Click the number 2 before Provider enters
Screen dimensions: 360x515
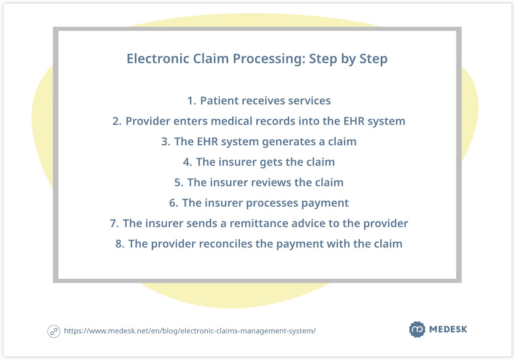click(x=116, y=121)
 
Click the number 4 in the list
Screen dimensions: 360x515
click(x=187, y=162)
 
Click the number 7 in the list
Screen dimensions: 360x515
click(x=114, y=224)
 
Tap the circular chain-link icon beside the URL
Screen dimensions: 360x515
click(x=53, y=331)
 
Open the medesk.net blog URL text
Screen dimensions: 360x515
click(x=190, y=331)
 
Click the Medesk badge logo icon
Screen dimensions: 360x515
click(x=417, y=330)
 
